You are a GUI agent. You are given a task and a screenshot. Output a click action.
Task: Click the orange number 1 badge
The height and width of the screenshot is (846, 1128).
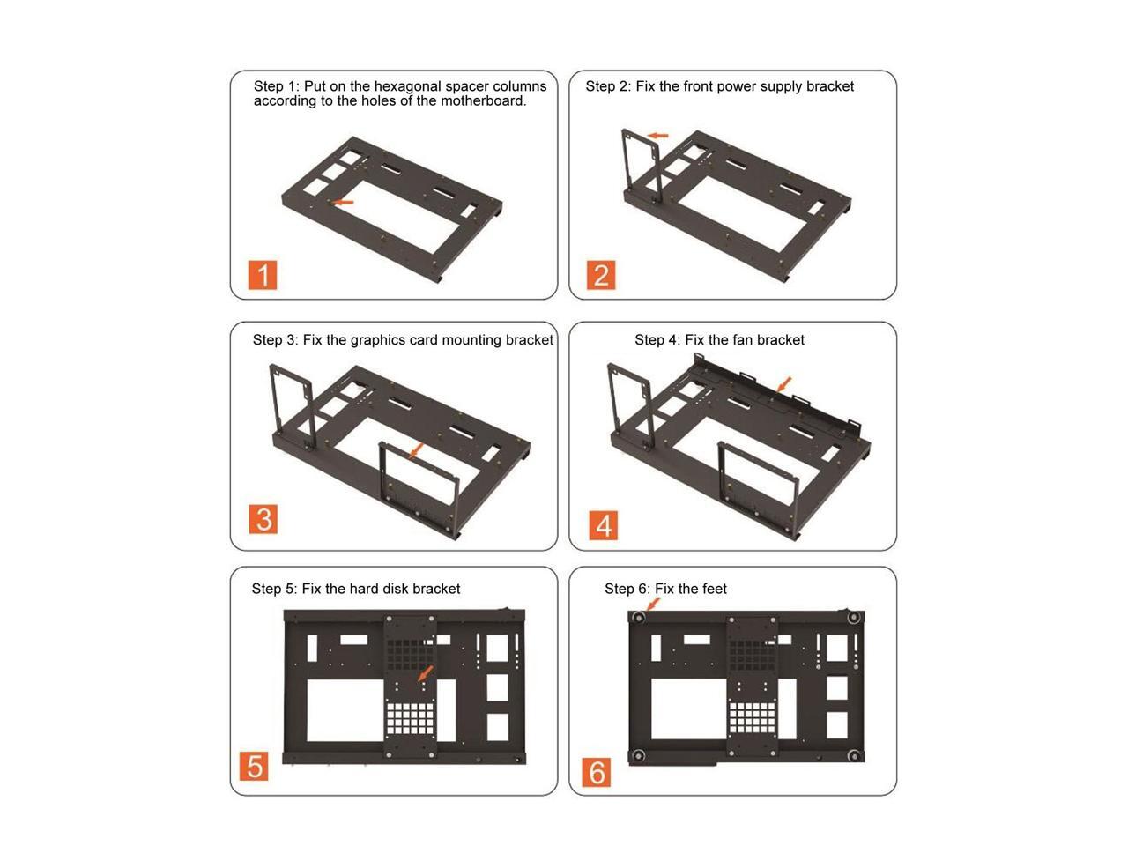(x=262, y=275)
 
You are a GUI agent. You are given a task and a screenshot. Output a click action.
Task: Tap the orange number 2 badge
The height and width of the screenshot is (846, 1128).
(x=600, y=275)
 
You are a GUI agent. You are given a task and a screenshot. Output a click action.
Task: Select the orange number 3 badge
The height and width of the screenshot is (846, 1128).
(x=263, y=519)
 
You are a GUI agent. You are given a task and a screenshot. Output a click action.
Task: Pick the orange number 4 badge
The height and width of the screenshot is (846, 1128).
(x=604, y=525)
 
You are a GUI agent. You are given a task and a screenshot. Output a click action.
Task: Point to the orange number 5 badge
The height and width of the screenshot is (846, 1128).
(x=254, y=766)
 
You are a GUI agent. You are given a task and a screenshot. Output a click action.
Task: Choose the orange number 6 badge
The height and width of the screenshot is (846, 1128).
(x=596, y=772)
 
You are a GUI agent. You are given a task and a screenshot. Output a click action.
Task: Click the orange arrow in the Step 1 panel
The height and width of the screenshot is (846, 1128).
(x=342, y=202)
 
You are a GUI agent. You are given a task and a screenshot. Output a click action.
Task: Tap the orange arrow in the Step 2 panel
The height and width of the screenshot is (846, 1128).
(x=657, y=136)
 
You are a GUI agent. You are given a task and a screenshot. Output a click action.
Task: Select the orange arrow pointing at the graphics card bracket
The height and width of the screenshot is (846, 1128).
(x=417, y=450)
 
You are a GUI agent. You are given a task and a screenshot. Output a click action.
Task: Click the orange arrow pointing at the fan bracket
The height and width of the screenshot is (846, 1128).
(x=784, y=384)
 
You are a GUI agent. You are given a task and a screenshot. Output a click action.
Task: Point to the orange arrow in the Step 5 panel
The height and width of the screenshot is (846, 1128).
(x=426, y=673)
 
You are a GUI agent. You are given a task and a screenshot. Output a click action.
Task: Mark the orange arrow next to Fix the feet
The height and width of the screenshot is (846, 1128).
(x=653, y=604)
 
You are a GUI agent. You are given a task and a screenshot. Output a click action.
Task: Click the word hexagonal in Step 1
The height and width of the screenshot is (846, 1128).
(x=407, y=85)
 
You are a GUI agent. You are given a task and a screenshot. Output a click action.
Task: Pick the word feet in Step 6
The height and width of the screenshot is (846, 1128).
(x=715, y=589)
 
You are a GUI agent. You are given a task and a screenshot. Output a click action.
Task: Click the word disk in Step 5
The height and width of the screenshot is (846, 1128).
(x=394, y=589)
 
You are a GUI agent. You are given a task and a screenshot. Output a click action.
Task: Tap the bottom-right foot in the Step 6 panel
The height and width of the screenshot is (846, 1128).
(x=854, y=755)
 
